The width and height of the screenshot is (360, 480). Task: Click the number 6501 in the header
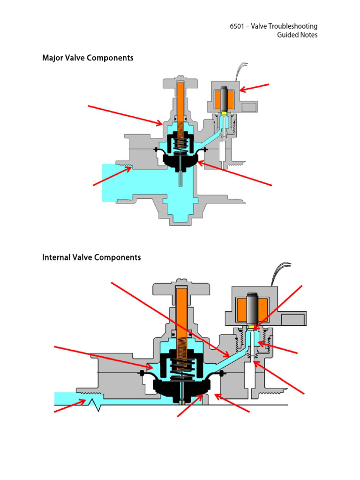point(237,26)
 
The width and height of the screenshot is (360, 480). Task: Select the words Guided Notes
point(297,35)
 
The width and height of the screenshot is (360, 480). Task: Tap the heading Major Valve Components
point(88,58)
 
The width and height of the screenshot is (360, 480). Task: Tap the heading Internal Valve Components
point(91,257)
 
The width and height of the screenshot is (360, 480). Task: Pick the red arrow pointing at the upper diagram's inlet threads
point(112,177)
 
